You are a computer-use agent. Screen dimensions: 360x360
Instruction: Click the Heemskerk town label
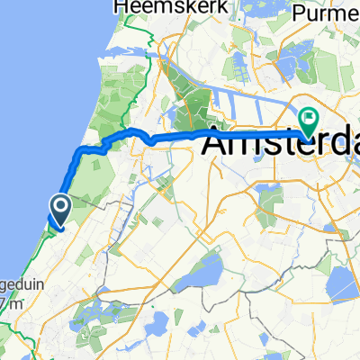(148, 7)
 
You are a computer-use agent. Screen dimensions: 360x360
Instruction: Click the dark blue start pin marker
(58, 211)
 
